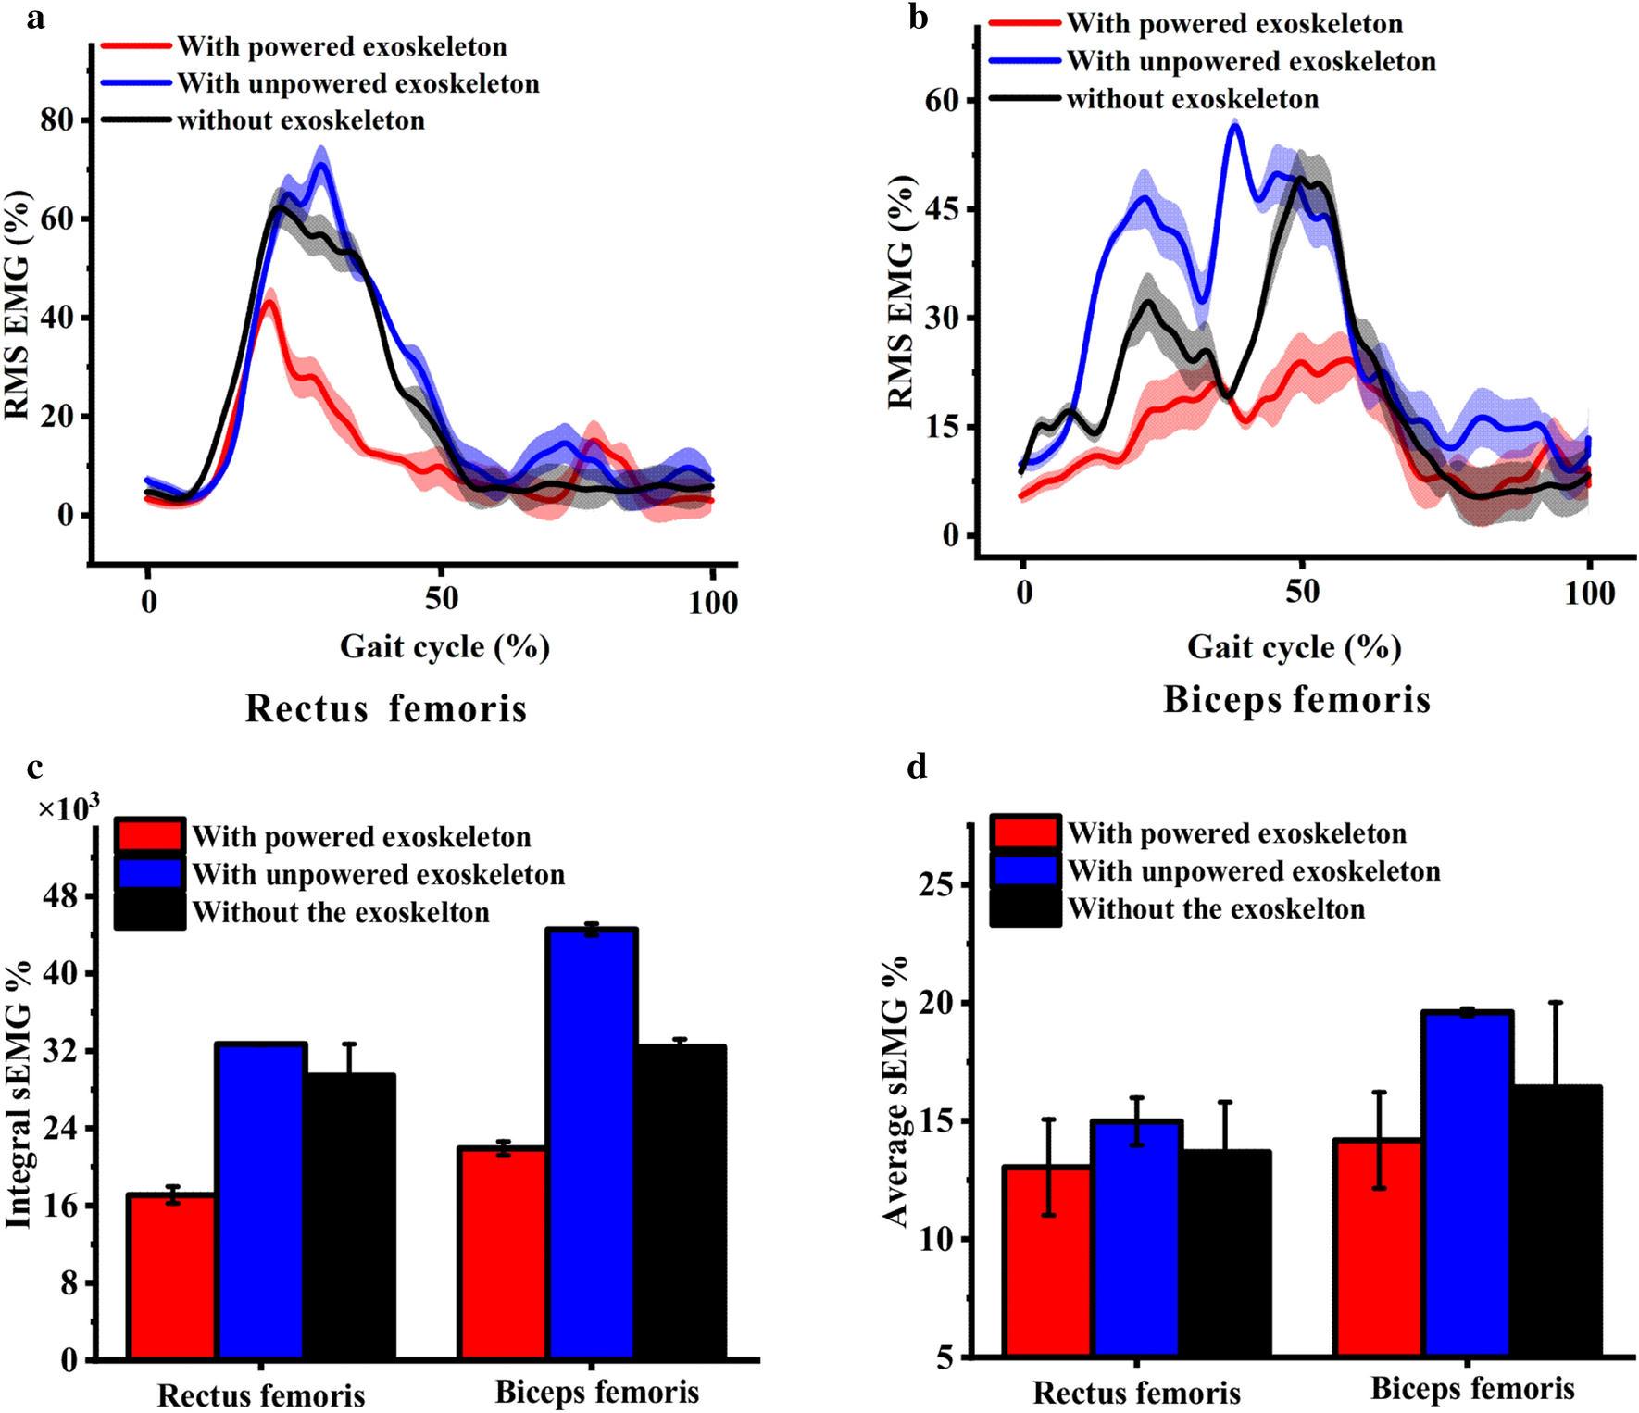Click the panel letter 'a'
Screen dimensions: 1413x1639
pyautogui.click(x=35, y=18)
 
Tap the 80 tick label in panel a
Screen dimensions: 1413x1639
pyautogui.click(x=57, y=120)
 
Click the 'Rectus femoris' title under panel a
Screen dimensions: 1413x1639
pyautogui.click(x=386, y=708)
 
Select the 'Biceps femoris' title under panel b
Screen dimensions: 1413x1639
pyautogui.click(x=1296, y=699)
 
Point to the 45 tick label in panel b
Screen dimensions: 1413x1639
pyautogui.click(x=943, y=208)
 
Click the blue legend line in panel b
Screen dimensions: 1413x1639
pyautogui.click(x=1024, y=61)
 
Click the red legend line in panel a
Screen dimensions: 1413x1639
pyautogui.click(x=135, y=46)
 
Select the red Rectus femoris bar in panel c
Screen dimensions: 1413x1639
pyautogui.click(x=171, y=1278)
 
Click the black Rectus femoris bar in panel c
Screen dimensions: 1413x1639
pyautogui.click(x=349, y=1217)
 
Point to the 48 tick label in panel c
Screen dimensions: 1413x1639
pyautogui.click(x=60, y=896)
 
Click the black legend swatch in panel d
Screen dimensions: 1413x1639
pyautogui.click(x=1025, y=909)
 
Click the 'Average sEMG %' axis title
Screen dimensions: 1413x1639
pyautogui.click(x=896, y=1092)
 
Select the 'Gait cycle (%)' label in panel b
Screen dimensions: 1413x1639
pyautogui.click(x=1294, y=646)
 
